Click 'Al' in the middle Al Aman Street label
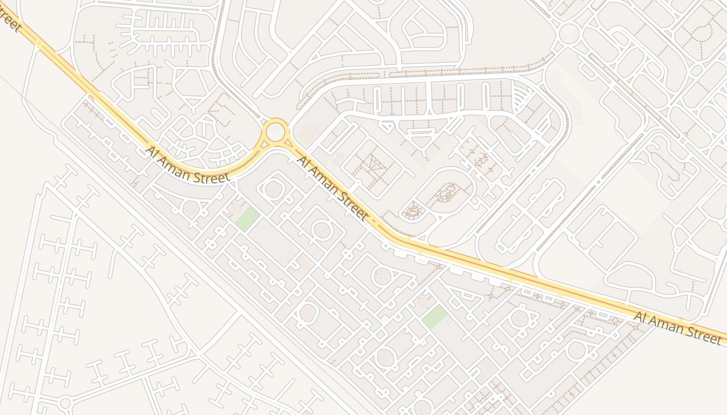tap(302, 161)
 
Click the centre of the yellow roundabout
tap(275, 132)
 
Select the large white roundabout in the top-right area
tap(569, 33)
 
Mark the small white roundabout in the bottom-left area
tap(65, 403)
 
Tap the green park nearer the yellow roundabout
tap(247, 218)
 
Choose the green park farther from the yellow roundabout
tap(435, 316)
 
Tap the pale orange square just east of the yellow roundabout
tap(309, 132)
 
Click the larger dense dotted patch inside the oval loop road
tap(446, 192)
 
